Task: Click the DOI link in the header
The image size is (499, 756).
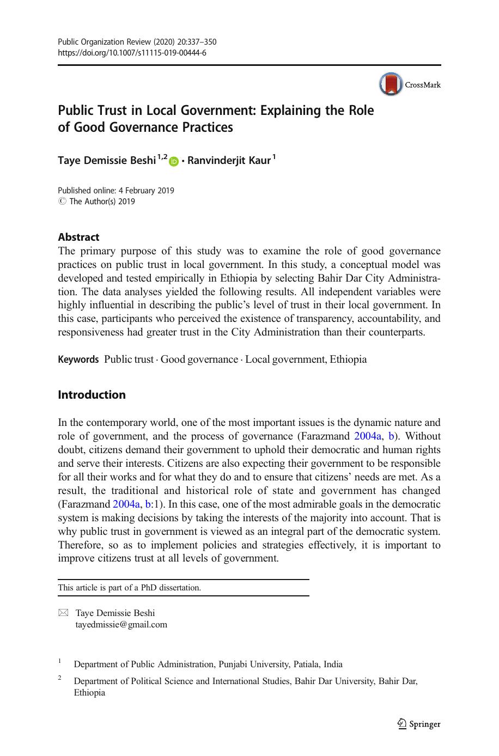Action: (x=132, y=53)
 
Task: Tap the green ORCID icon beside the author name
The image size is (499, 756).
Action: (x=174, y=161)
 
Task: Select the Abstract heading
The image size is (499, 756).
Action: (x=78, y=237)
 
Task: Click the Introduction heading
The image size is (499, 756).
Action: (x=92, y=395)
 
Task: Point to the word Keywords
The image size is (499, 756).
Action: (x=78, y=359)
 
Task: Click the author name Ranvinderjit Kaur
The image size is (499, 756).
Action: (x=229, y=161)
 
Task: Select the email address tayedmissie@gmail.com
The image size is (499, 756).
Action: (x=121, y=625)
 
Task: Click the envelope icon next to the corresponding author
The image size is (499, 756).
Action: (x=63, y=613)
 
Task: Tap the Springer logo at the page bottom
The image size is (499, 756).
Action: (x=418, y=724)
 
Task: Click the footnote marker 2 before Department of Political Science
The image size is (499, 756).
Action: (x=60, y=678)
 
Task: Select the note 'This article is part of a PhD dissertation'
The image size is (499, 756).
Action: (x=130, y=588)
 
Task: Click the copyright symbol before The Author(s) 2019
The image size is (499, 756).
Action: (x=62, y=202)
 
